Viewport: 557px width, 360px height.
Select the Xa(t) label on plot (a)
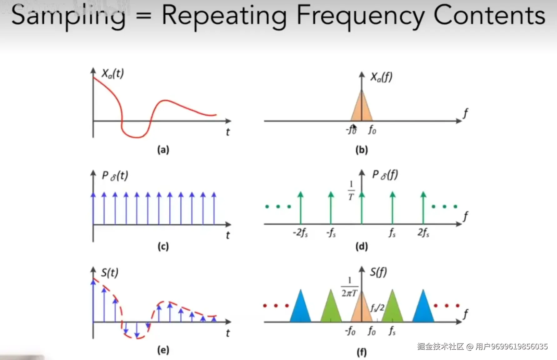coord(113,74)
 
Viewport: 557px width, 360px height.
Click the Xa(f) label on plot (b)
coord(381,77)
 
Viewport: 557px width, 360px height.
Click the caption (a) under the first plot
coord(163,150)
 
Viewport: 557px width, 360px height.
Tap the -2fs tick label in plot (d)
coord(300,233)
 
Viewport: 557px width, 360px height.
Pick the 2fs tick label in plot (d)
coord(423,233)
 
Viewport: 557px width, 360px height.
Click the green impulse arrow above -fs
coord(331,208)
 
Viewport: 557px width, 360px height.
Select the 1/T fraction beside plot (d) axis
coord(351,191)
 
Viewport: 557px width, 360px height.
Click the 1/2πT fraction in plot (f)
coord(349,287)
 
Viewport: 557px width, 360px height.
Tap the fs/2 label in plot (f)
coord(377,308)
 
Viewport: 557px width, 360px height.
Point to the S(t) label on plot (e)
coord(110,273)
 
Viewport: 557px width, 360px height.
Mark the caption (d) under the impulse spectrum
coord(362,247)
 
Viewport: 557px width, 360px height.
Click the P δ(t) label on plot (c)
coord(115,176)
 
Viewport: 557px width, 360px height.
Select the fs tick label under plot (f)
coord(392,331)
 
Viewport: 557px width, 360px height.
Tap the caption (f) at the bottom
coord(362,352)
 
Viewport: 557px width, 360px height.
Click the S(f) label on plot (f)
coord(378,272)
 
